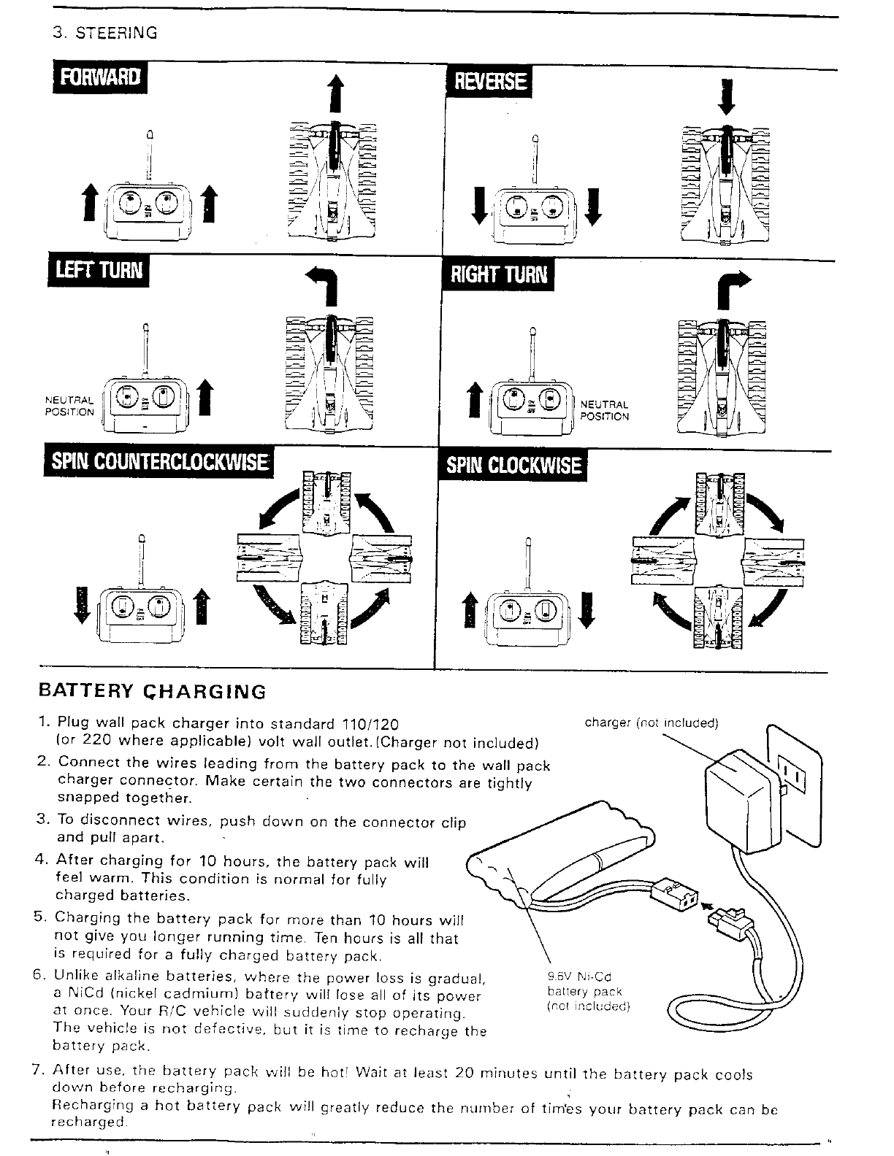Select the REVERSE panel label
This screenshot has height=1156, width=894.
coord(489,81)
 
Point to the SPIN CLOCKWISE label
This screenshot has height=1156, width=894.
coord(514,465)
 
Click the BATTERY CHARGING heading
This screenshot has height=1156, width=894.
coord(152,691)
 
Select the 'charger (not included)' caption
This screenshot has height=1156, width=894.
coord(652,723)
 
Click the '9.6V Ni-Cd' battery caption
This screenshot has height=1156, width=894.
coord(578,977)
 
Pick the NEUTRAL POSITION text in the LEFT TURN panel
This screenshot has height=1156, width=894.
coord(69,406)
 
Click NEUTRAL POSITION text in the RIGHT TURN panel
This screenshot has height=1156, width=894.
coord(604,411)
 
